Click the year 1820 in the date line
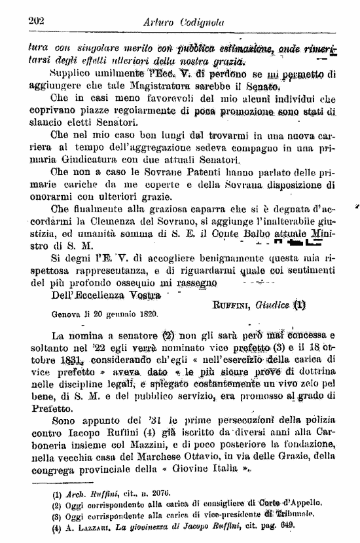[x=147, y=314]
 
